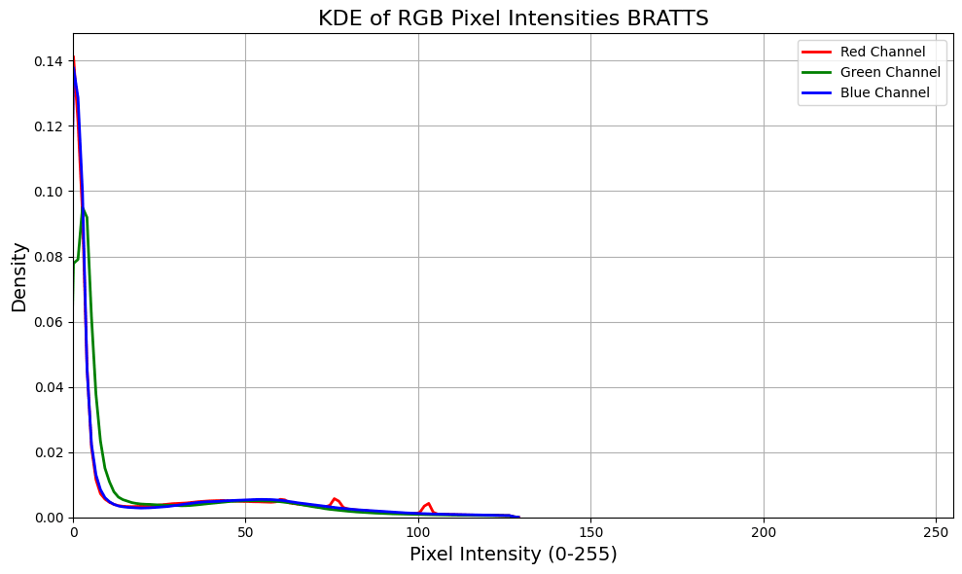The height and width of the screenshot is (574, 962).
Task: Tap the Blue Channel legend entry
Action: pos(886,93)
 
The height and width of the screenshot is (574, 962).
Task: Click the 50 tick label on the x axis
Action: pos(245,532)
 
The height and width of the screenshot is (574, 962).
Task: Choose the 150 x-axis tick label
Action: pos(590,532)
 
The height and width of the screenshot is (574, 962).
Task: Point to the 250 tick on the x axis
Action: pos(936,532)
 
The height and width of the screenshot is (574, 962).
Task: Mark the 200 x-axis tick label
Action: pos(764,532)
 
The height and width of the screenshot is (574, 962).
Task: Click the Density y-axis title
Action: pos(19,276)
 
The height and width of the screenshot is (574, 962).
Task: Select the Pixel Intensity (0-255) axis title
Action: pos(513,555)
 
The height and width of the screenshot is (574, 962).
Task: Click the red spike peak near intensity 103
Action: pos(428,503)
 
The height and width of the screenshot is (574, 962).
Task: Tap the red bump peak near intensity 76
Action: pos(334,498)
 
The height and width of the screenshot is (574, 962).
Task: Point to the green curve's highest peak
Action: pos(83,207)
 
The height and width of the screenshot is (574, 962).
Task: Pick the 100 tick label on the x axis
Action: pos(418,532)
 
